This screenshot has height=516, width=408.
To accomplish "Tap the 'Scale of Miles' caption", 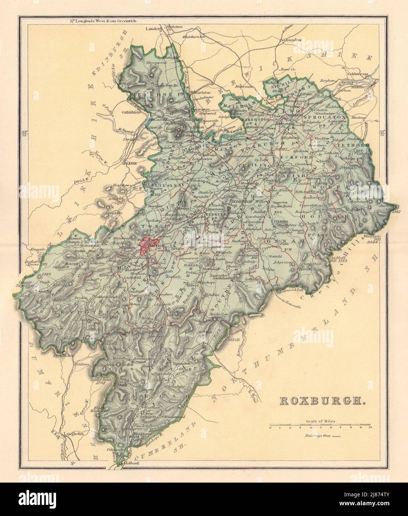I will (x=321, y=421).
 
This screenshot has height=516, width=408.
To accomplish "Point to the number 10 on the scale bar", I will (x=370, y=428).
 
